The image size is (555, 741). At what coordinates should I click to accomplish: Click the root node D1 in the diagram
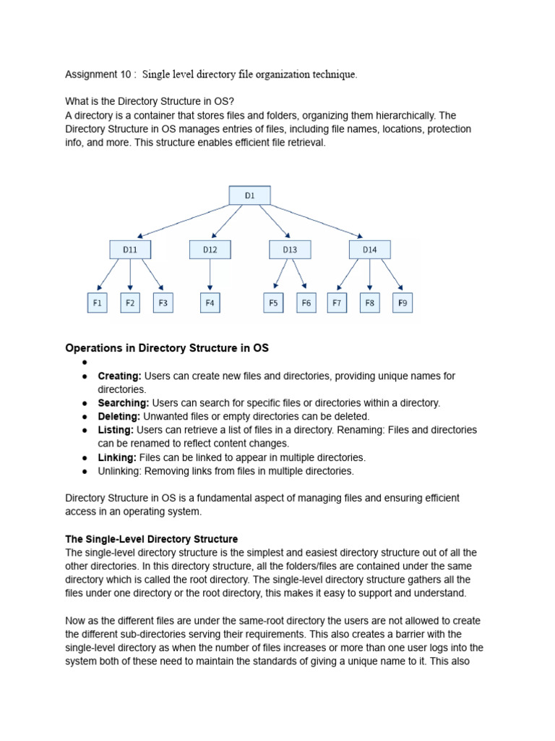(249, 195)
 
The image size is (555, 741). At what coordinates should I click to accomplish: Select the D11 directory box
(130, 250)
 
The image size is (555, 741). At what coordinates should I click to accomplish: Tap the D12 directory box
(210, 250)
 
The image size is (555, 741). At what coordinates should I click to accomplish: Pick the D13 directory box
(290, 250)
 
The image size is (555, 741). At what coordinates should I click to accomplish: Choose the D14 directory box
(369, 250)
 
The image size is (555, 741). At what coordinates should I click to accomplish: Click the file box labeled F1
(97, 303)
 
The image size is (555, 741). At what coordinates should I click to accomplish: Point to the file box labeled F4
(210, 303)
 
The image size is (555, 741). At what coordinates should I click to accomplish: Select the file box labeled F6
(306, 303)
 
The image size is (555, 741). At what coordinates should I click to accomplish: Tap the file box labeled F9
(403, 303)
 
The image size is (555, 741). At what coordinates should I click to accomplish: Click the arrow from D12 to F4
(210, 276)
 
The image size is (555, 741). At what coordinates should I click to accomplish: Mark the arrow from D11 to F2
(130, 276)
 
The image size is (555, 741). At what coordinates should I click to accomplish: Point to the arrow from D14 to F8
(369, 276)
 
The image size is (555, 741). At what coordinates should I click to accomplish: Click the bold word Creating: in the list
(120, 376)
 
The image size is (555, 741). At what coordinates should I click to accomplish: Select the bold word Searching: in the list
(124, 403)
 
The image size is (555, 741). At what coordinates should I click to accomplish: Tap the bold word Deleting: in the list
(119, 416)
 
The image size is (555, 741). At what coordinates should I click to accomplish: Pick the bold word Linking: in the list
(117, 457)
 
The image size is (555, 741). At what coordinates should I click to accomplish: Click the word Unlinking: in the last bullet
(119, 471)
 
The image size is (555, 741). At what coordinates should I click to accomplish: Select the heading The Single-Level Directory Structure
(152, 539)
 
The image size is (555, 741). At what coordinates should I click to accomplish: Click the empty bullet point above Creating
(85, 363)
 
